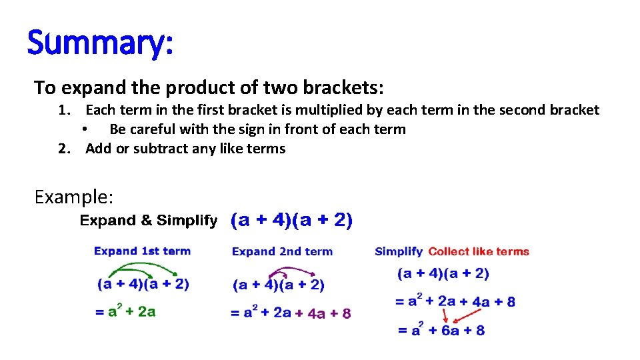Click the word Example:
coord(74,197)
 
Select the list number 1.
coord(64,110)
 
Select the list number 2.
coord(64,149)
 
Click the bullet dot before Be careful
coord(85,130)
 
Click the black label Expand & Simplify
coord(148,221)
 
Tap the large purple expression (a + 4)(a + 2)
coord(292,221)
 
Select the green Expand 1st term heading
coord(142,251)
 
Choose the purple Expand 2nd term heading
coord(282,251)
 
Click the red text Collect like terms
coord(479,251)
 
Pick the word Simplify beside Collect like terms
coord(399,251)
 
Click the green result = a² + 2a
coord(126,311)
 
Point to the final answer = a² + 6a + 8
coord(441,329)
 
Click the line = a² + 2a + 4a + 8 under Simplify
coord(455,301)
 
